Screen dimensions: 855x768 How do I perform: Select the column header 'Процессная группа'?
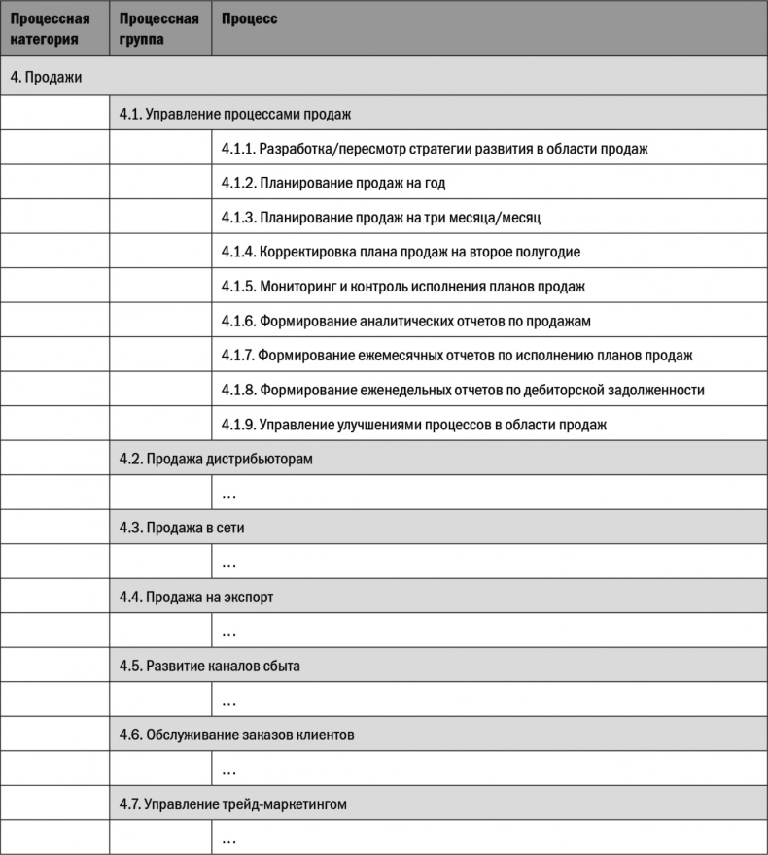(158, 29)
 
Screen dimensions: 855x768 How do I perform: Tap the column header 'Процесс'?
(249, 19)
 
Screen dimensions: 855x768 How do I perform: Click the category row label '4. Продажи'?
(46, 78)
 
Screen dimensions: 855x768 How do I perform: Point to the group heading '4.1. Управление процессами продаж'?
(234, 114)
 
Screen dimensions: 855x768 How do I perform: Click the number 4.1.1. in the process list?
(237, 149)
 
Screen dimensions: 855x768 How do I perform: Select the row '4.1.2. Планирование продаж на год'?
(333, 183)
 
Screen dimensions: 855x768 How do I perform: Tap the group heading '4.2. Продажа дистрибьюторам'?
(216, 459)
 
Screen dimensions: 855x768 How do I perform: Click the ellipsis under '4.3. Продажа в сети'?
(229, 564)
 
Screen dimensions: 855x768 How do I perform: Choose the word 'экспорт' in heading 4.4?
(249, 597)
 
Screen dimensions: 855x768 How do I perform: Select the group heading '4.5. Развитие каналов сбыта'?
(210, 667)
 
